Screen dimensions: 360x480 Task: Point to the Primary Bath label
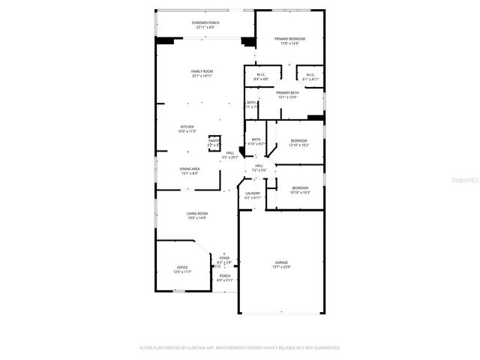[287, 92]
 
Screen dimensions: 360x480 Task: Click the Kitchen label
[187, 127]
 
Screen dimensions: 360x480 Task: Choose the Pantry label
[214, 140]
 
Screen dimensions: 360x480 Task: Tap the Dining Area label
[190, 169]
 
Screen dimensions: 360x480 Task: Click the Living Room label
[197, 214]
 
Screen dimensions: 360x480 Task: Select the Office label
[182, 267]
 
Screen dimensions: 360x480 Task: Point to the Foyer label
[224, 258]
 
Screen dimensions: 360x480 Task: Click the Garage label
[281, 262]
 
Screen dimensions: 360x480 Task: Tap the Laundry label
[253, 193]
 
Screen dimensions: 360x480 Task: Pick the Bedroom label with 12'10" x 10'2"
[299, 140]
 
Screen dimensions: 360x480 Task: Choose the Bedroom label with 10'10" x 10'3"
[300, 187]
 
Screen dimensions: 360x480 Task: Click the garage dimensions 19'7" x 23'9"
[281, 267]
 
